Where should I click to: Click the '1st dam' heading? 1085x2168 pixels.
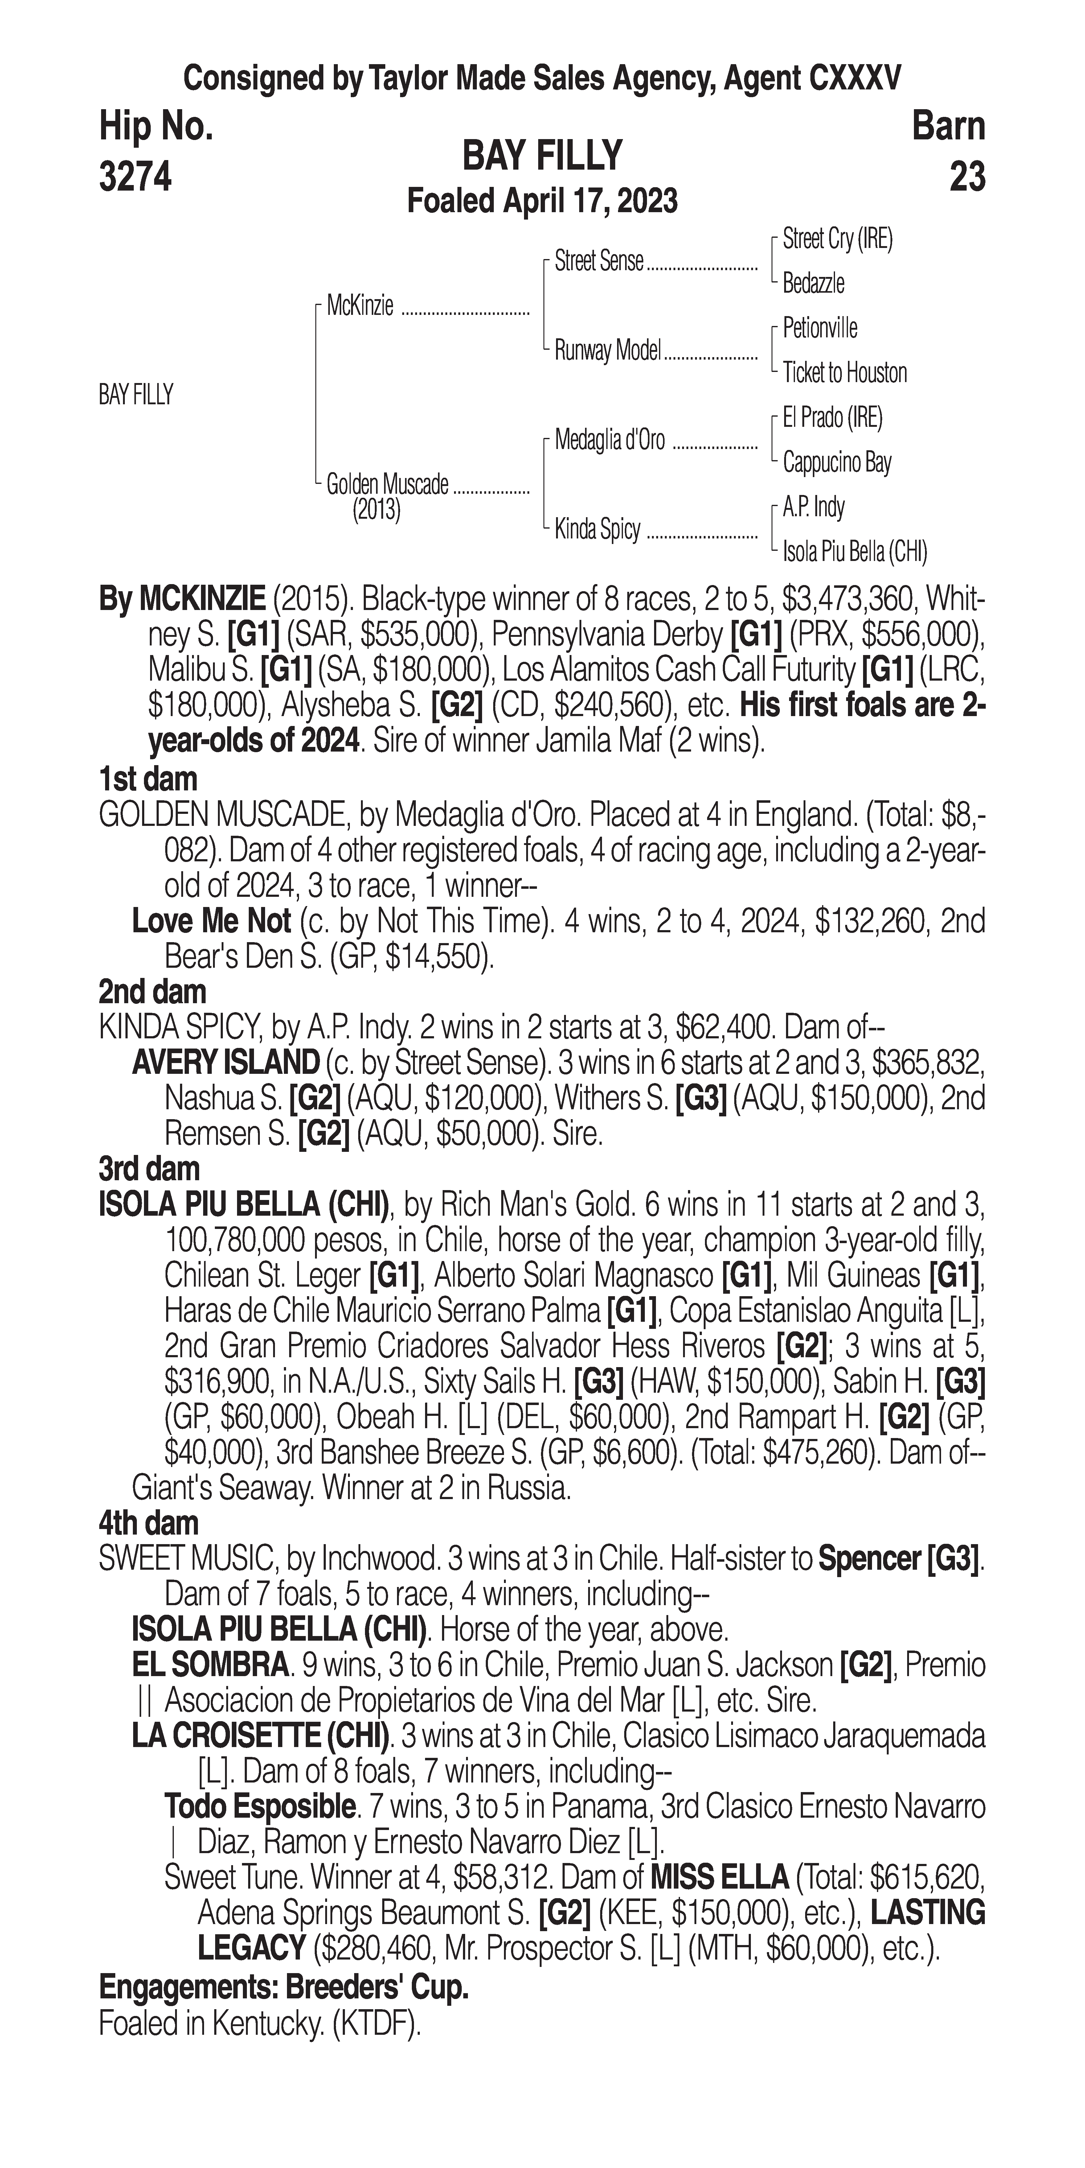pyautogui.click(x=148, y=779)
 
